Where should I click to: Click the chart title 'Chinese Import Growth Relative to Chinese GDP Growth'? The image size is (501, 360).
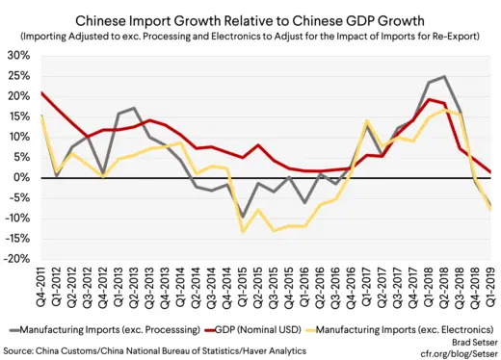252,17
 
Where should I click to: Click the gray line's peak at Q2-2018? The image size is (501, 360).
441,77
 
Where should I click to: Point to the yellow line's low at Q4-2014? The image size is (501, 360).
242,231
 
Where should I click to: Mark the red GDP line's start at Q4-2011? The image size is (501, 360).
40,92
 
